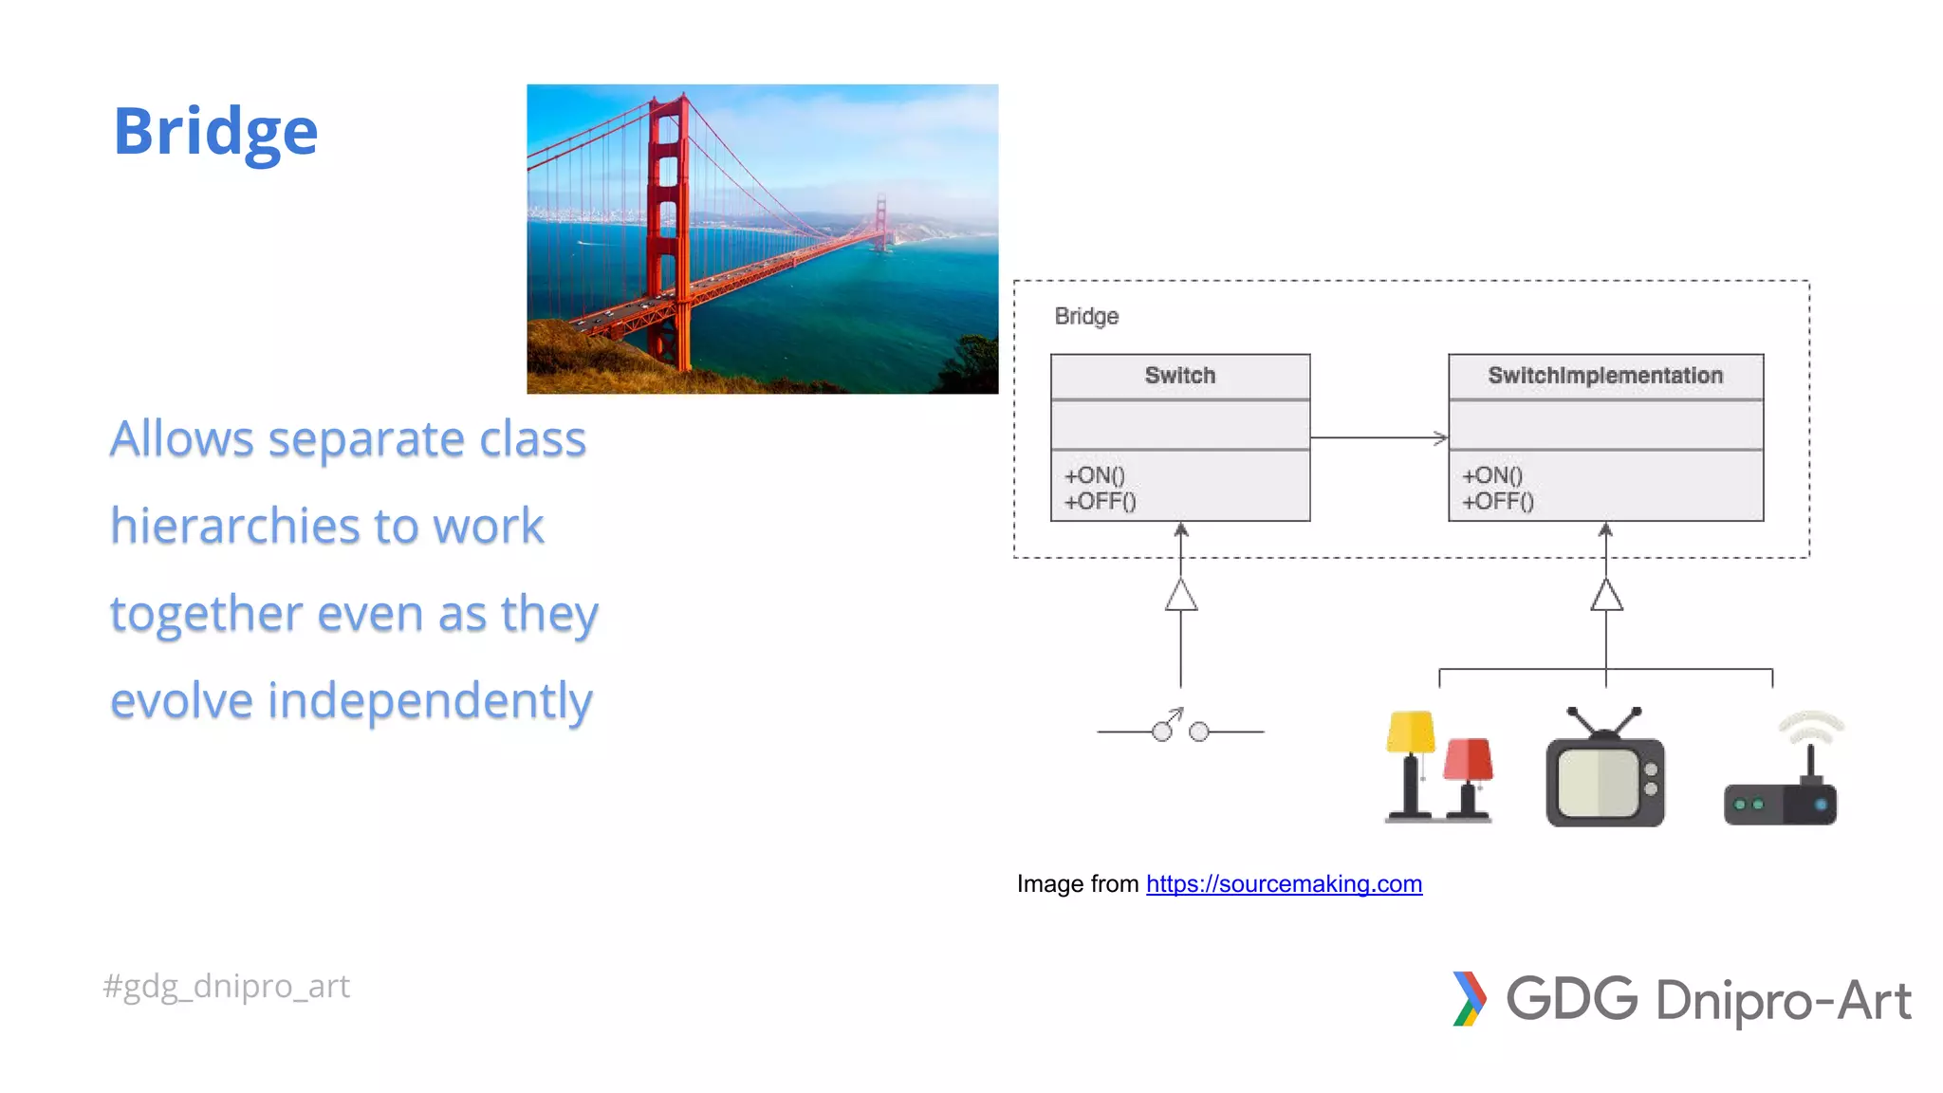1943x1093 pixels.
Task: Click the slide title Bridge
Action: click(215, 131)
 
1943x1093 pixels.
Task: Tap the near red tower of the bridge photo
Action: click(667, 228)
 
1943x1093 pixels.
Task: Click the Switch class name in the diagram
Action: click(1179, 376)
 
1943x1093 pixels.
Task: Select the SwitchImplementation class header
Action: click(1604, 376)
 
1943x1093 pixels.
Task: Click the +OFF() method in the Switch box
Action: click(1100, 502)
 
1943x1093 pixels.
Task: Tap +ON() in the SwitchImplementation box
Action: click(1491, 475)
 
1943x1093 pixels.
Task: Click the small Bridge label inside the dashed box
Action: click(1086, 316)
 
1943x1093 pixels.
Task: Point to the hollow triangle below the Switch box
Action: click(1180, 597)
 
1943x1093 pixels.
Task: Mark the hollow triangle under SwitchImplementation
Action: click(1605, 597)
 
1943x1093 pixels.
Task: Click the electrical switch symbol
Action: click(1179, 729)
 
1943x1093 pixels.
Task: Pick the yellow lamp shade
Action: click(1410, 732)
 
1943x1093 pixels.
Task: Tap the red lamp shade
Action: click(1468, 759)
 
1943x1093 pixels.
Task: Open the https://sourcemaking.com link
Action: click(1284, 884)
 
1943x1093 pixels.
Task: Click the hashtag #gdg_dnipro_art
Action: click(226, 987)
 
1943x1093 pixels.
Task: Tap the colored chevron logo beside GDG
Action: click(1469, 998)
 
